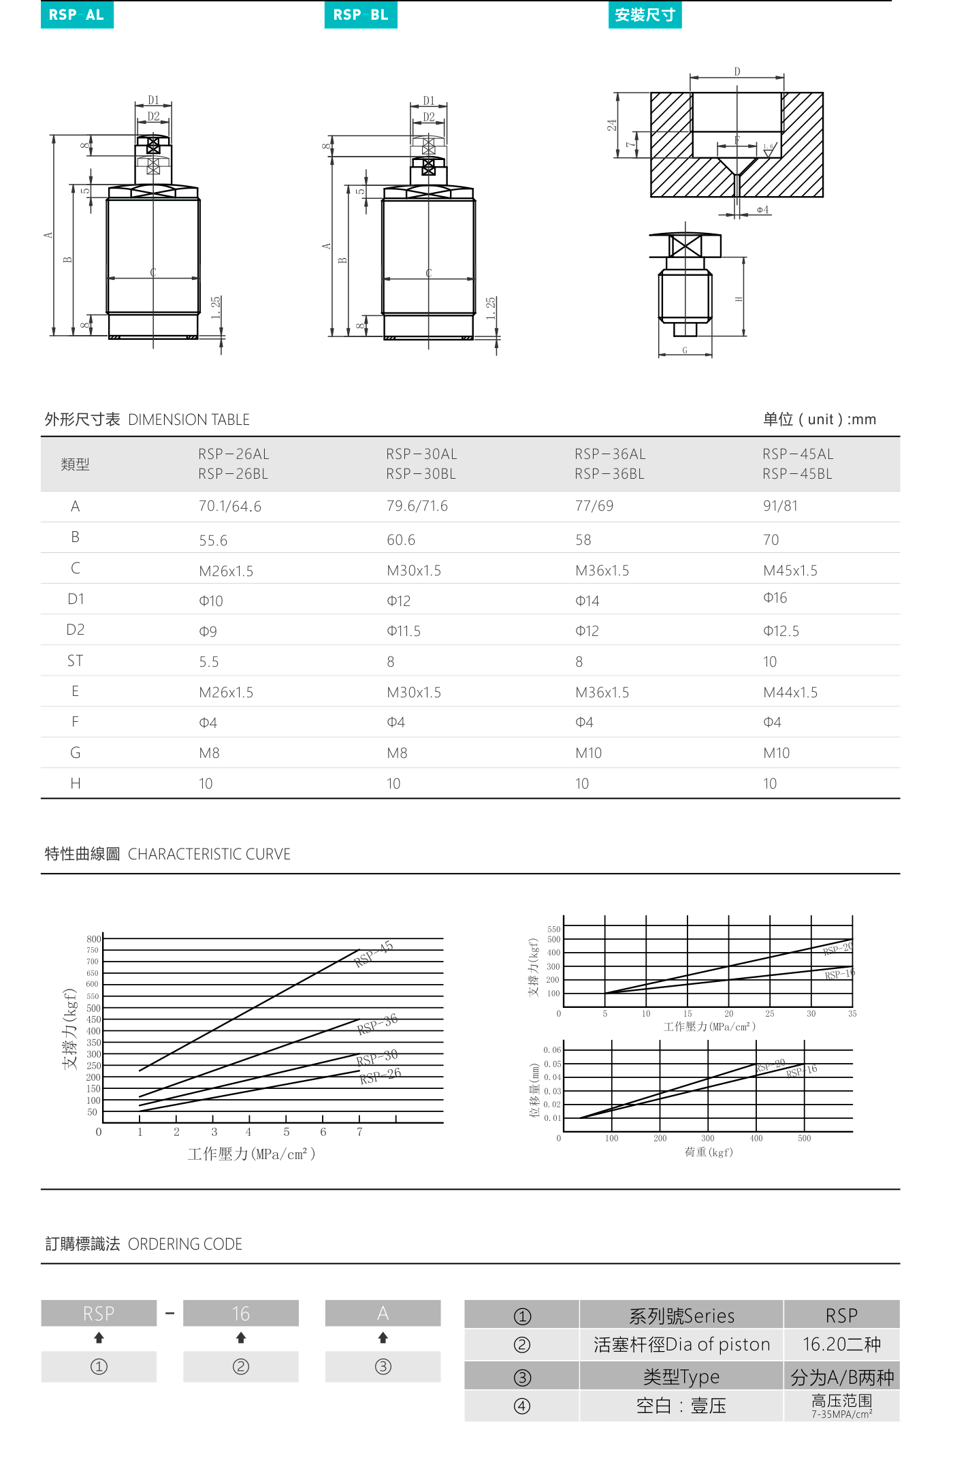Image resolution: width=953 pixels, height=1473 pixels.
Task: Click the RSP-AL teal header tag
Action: click(77, 15)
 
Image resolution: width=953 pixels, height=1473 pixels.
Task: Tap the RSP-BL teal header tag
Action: click(361, 15)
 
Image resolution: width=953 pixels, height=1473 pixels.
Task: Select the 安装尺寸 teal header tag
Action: click(645, 15)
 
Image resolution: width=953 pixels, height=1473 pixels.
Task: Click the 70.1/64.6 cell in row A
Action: click(230, 507)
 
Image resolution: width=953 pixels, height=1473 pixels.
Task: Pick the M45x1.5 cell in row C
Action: click(790, 571)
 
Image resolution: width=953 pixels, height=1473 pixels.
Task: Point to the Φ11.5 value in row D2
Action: click(404, 631)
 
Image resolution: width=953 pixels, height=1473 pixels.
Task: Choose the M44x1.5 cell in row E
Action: click(790, 693)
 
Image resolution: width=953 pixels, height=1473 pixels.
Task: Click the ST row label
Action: click(75, 661)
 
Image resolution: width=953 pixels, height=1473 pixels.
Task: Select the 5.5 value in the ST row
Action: click(209, 662)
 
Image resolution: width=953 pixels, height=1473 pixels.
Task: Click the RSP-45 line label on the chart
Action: click(374, 953)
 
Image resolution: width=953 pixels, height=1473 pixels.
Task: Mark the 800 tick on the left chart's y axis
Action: click(93, 939)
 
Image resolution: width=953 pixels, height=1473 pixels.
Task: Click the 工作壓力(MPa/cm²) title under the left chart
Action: click(251, 1154)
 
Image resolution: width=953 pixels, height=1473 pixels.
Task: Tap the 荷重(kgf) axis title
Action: click(709, 1152)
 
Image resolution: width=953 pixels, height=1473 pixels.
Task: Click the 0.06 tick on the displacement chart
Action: click(552, 1050)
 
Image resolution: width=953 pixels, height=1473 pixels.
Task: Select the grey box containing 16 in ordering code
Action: click(241, 1313)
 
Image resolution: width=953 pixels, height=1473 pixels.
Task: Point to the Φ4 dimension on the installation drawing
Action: click(762, 210)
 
